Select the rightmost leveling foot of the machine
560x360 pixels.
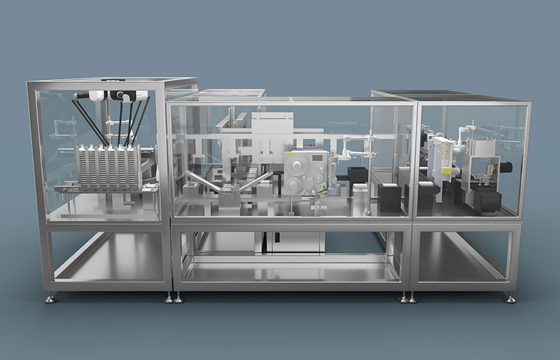[x=510, y=299]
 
